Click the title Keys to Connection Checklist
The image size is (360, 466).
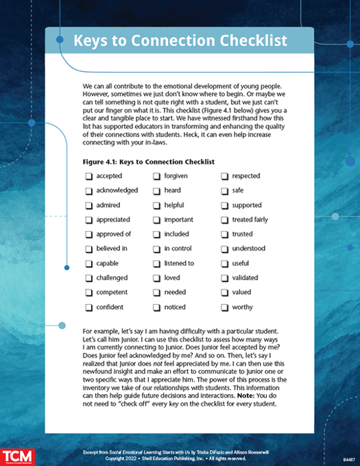(x=180, y=40)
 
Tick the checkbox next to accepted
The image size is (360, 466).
(x=88, y=176)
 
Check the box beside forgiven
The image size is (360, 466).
(x=156, y=176)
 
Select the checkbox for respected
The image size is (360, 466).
(x=224, y=176)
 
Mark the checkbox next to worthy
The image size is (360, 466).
(x=224, y=307)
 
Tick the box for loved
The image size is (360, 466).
(x=156, y=278)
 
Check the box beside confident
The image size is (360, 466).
(x=88, y=307)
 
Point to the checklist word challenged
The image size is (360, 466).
(x=112, y=278)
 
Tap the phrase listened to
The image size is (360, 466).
(x=178, y=263)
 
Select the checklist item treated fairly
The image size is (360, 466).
(x=252, y=219)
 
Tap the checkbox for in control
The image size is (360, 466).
(x=156, y=249)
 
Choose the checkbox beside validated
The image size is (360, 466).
(x=224, y=278)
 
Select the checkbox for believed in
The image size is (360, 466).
(x=88, y=249)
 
